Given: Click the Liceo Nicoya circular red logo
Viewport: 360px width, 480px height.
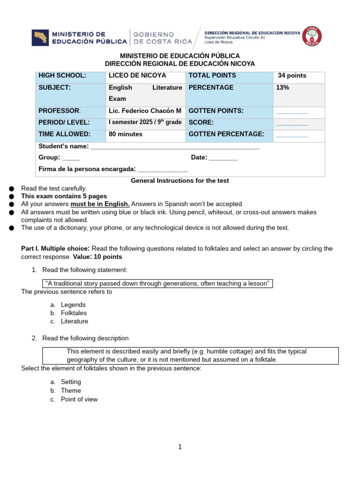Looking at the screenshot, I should tap(312, 36).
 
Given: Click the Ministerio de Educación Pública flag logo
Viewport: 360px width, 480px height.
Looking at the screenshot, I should tap(41, 38).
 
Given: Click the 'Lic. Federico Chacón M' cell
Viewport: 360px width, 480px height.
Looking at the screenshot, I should tap(145, 111).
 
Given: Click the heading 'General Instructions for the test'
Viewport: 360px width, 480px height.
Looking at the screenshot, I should tap(180, 180).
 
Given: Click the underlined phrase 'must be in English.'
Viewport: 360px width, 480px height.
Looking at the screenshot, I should tap(100, 204).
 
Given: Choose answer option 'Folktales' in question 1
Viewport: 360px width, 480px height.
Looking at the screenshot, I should tap(74, 313).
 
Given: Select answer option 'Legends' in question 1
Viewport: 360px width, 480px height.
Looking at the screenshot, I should tap(73, 305).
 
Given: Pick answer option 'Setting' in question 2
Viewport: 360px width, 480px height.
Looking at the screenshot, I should tap(71, 382).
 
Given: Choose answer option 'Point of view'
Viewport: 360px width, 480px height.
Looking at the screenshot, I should tap(79, 399).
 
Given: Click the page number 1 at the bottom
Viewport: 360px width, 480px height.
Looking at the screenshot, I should tap(180, 447).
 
